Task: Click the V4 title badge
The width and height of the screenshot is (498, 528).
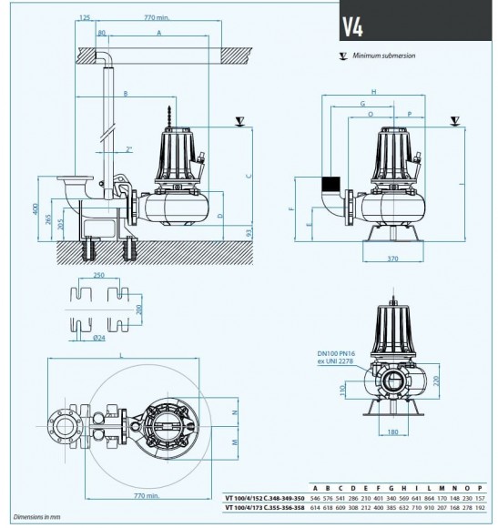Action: point(354,25)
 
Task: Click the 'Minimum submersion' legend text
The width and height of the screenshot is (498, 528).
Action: point(386,56)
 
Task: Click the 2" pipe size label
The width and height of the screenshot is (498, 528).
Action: point(129,148)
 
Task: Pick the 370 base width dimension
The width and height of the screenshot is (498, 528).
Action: point(392,259)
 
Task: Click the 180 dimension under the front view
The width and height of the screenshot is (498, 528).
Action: point(391,432)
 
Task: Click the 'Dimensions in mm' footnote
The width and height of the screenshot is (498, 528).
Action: point(27,516)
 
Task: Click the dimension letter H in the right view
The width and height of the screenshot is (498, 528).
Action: point(373,92)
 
